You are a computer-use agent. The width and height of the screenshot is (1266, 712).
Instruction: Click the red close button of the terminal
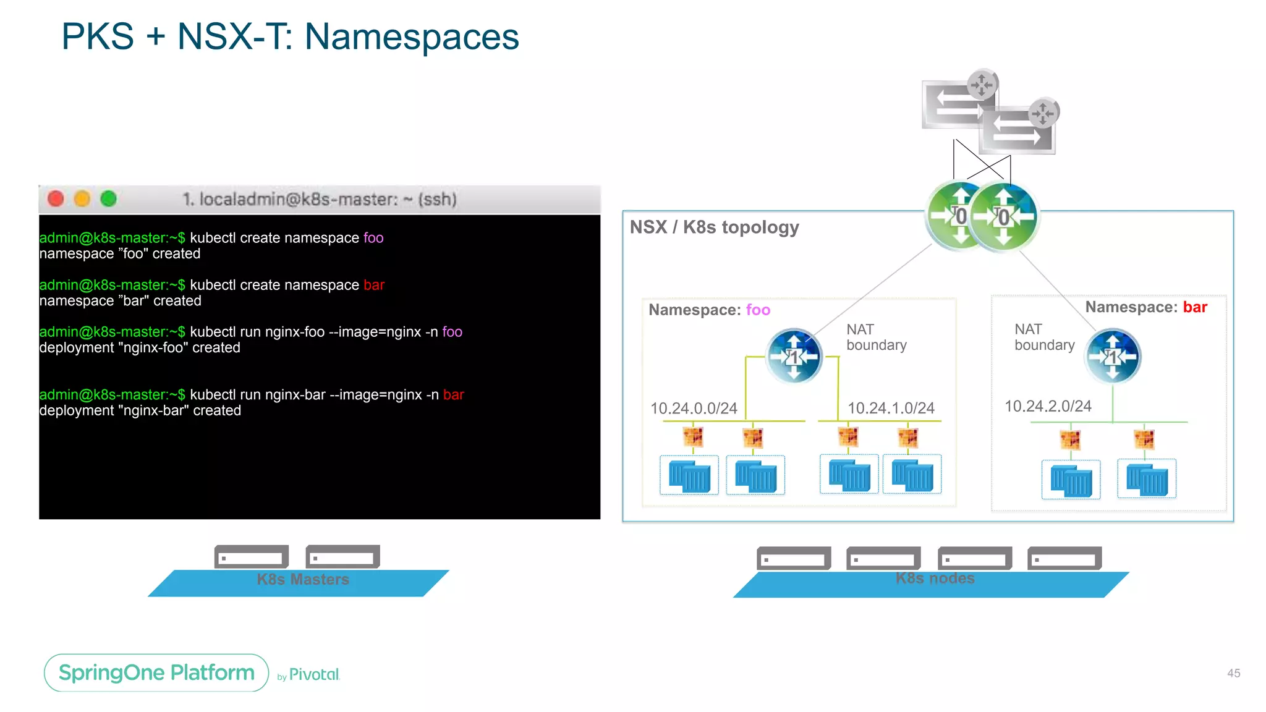pos(56,199)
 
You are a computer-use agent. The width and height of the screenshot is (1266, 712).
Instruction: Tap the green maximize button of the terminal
pos(109,199)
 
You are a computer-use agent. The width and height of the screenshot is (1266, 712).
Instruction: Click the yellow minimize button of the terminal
pos(82,199)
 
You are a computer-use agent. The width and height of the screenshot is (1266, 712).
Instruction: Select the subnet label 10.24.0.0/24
pos(694,409)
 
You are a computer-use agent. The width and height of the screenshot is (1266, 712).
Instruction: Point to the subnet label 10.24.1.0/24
pos(891,408)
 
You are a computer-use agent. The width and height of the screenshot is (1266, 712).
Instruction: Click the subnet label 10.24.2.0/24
pos(1048,406)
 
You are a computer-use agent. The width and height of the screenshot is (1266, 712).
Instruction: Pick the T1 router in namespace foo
pos(794,357)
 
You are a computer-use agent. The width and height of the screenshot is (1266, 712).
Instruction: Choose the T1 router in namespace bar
pos(1113,357)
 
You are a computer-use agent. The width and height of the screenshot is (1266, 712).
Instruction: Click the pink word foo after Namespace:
pos(758,310)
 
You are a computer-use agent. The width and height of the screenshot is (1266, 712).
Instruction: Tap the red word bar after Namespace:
pos(1195,307)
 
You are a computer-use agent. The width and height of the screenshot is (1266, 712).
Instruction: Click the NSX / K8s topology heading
pos(714,227)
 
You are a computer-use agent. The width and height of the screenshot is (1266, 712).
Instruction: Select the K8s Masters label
pos(303,580)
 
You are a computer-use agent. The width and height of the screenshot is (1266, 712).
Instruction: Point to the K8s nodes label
pos(935,578)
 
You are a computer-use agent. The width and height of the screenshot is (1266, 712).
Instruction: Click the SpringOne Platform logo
pos(156,672)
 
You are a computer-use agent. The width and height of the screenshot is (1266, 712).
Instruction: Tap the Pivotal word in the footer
pos(314,674)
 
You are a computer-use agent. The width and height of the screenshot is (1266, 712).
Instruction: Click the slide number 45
pos(1233,673)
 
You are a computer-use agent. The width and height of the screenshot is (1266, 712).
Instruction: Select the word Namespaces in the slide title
pos(412,36)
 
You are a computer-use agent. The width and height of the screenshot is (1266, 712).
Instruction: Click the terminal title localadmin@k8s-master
pos(319,199)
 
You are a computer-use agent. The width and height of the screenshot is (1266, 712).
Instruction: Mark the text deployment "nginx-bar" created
pos(140,411)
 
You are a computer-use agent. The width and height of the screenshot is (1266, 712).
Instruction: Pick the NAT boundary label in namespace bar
pos(1044,337)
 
